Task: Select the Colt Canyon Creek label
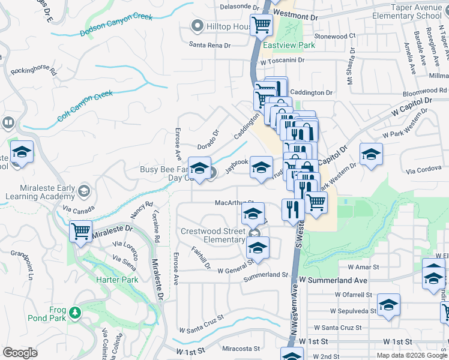(x=85, y=106)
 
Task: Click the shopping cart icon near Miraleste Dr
(x=80, y=231)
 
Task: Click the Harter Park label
(x=117, y=280)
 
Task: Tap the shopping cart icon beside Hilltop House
(x=262, y=25)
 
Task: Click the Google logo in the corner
(x=19, y=353)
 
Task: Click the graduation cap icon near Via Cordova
(x=371, y=155)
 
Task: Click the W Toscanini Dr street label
(x=282, y=61)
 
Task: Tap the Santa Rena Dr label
(x=209, y=45)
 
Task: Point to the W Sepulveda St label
(x=353, y=311)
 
